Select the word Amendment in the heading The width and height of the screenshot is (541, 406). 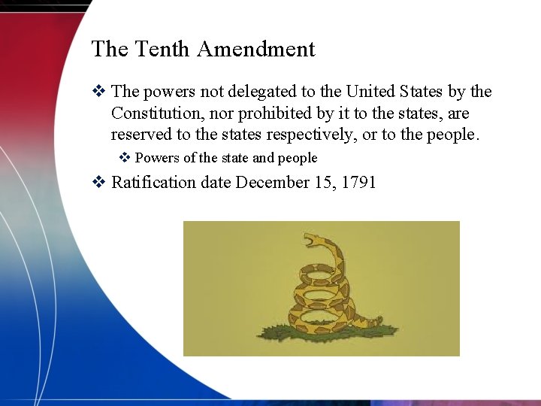[x=255, y=50]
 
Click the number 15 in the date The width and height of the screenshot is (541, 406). [x=320, y=183]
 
